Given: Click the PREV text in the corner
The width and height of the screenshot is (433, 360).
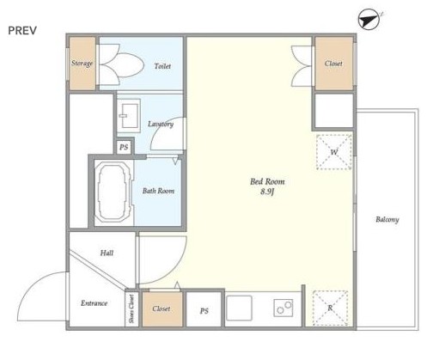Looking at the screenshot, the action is point(22,31).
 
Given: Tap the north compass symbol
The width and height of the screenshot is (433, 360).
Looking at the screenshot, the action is point(369,19).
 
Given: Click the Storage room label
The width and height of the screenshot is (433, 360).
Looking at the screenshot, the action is point(82,64).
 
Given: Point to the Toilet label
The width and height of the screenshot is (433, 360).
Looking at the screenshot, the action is point(162,66).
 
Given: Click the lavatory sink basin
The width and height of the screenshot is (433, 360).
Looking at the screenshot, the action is point(130,116).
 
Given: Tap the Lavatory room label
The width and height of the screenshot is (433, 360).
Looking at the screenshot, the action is point(161,125).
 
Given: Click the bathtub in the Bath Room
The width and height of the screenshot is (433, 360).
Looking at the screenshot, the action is point(113,192).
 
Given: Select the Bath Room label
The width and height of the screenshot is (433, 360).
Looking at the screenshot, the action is point(158,191).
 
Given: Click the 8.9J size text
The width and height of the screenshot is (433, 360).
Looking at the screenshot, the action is point(267,192).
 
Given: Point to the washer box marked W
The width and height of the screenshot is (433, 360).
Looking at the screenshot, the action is point(334,152).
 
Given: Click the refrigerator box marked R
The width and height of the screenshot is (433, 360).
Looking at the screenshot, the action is point(331,308).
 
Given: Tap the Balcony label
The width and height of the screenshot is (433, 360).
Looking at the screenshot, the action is point(387,220).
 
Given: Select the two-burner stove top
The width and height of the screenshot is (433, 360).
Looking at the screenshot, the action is point(284,308).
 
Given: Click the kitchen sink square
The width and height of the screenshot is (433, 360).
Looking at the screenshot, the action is point(240,308).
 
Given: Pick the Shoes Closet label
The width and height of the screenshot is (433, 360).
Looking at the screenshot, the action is point(131,309).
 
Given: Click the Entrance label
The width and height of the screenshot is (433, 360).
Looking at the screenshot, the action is point(95,303).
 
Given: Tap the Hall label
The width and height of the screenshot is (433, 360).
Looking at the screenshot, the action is point(107,253).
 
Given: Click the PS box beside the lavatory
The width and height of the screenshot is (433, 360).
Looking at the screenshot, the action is point(124,147).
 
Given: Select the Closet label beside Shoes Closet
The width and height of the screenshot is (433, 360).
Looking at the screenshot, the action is point(162,308).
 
